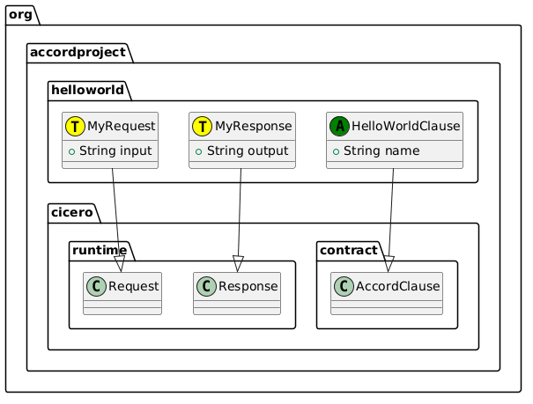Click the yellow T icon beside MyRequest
pyautogui.click(x=77, y=127)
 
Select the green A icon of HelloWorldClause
pyautogui.click(x=339, y=127)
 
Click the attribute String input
pyautogui.click(x=115, y=151)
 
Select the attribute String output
pyautogui.click(x=244, y=151)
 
